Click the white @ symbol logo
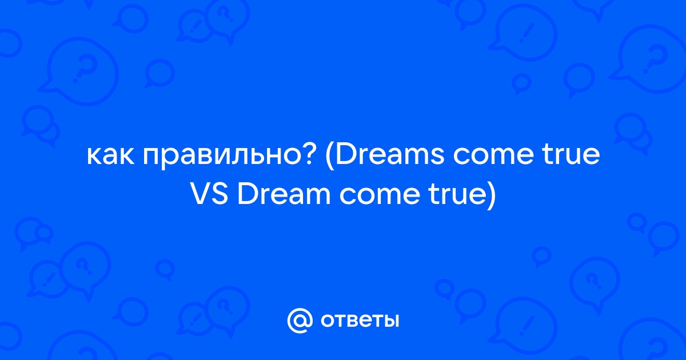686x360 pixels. coord(300,321)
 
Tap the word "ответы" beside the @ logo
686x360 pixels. coord(360,321)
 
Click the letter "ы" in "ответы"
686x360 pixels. coord(391,321)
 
